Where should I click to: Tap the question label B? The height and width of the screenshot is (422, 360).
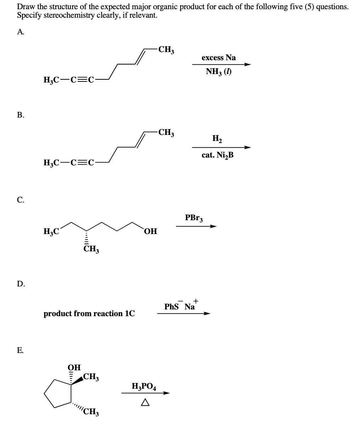point(20,115)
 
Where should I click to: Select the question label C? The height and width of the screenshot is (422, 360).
point(20,200)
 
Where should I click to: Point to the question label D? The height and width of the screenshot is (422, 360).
point(20,284)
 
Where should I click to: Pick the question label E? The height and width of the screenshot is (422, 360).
point(20,350)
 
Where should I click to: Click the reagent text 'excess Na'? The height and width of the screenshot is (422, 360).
point(219,58)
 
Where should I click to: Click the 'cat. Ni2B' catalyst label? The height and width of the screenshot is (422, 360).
point(218,155)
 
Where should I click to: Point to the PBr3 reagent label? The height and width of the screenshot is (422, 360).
point(194,218)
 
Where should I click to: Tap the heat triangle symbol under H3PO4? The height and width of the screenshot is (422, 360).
point(144,403)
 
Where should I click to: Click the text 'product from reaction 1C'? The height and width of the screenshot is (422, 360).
point(89,314)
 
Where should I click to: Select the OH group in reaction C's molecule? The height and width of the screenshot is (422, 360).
point(150,232)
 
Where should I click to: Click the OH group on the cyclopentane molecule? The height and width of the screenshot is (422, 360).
point(74,367)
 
